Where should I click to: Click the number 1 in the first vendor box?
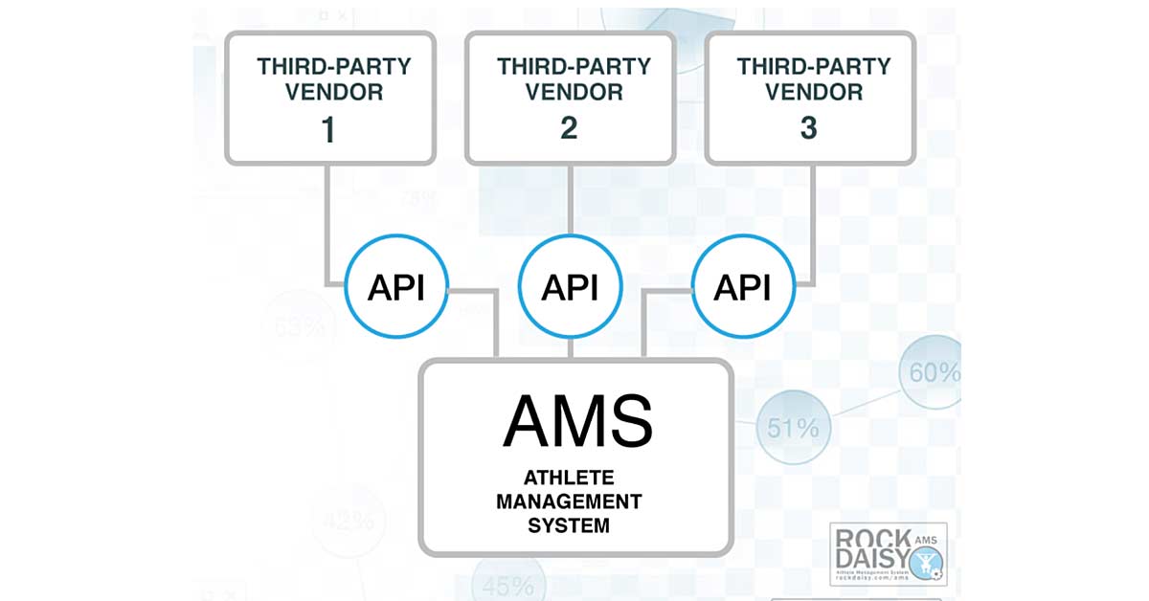328,130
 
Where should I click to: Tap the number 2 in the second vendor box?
569,128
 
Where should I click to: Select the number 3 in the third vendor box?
809,128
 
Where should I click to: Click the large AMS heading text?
577,422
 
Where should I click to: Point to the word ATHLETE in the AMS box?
569,478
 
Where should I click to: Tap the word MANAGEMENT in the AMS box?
569,501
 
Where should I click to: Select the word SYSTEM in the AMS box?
569,525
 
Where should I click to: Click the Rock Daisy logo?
888,554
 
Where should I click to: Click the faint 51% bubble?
793,428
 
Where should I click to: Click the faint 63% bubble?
299,326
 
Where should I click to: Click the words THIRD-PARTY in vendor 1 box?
333,67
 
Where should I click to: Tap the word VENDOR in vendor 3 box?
814,93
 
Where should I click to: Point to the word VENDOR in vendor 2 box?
574,93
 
